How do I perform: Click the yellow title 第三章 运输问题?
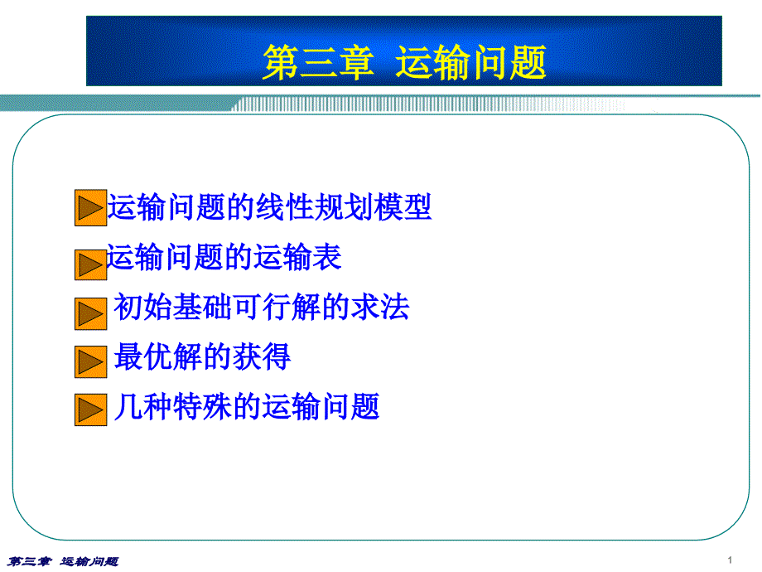(404, 62)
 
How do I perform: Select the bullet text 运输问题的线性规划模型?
(269, 207)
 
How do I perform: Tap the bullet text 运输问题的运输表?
(224, 256)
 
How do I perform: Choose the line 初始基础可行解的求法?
(262, 307)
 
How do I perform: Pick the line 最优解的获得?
(202, 356)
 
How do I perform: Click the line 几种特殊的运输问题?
(246, 406)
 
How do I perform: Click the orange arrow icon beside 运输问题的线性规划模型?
(91, 208)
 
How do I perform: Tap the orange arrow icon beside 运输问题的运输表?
(91, 265)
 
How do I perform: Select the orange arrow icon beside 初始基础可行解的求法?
(91, 313)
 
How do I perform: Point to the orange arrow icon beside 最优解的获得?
(91, 362)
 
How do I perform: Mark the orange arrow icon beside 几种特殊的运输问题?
(91, 410)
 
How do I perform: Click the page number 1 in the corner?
(730, 560)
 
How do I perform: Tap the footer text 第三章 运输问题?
(63, 562)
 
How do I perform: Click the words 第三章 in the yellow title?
(318, 62)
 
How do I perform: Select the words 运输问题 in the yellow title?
(471, 62)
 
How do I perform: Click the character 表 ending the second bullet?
(327, 256)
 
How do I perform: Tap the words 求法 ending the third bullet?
(380, 307)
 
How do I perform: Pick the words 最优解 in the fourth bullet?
(158, 356)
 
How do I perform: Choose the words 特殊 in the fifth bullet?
(202, 406)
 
